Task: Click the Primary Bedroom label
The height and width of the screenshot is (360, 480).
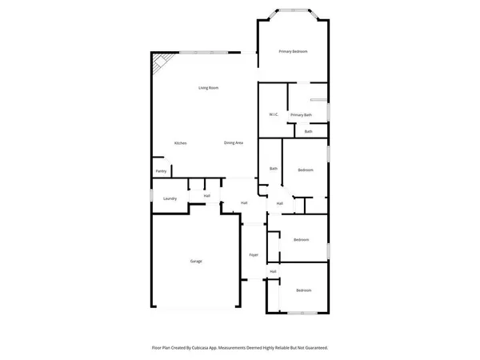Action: coord(293,51)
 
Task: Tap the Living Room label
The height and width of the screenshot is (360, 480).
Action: coord(209,87)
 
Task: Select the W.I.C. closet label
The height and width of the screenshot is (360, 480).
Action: coord(273,114)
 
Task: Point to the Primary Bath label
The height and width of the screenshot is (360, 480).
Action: coord(302,114)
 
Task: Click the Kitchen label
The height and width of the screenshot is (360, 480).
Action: coord(181,142)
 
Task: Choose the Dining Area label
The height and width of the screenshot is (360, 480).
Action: coord(234,142)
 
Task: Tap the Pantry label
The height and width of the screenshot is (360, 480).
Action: coord(161,171)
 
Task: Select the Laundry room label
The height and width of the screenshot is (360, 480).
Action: coord(170,198)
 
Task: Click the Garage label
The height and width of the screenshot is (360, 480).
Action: coord(196,262)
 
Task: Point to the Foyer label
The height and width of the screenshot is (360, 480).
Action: coord(254,254)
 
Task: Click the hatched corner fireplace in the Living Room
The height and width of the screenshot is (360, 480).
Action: coord(162,62)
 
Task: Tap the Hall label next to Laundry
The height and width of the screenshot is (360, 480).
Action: coord(206,195)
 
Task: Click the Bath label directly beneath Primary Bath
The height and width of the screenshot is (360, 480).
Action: coord(308,131)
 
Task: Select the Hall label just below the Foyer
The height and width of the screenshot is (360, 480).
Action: coord(273,272)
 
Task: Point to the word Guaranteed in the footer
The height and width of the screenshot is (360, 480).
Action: coord(312,348)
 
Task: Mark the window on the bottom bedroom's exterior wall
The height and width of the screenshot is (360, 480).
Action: coord(304,311)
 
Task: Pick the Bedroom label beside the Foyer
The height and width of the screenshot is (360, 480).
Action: coord(301,240)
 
